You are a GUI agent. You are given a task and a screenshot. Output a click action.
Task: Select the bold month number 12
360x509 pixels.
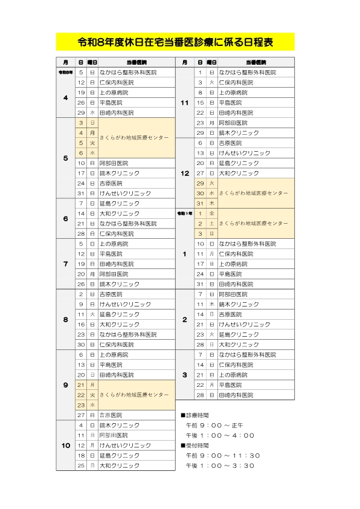coord(185,173)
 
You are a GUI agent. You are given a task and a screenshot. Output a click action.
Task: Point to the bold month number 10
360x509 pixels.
coord(66,446)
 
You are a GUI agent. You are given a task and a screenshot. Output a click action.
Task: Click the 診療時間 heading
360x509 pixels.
coord(197,416)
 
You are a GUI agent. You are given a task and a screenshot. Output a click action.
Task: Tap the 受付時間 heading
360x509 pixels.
coord(197,446)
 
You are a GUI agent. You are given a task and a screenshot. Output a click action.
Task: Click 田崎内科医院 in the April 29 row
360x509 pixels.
coord(117,112)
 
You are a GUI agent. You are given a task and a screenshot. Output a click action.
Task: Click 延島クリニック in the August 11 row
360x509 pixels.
coord(115,314)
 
